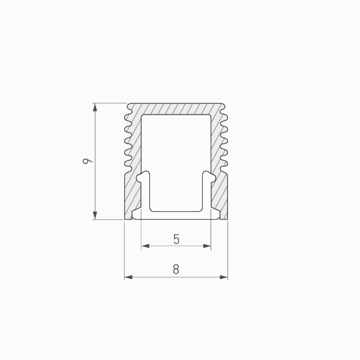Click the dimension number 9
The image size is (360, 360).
(x=87, y=161)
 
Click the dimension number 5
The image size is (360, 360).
(x=176, y=239)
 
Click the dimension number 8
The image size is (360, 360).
(x=176, y=269)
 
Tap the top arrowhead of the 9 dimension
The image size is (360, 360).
(x=95, y=107)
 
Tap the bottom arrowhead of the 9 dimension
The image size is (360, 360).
(x=95, y=215)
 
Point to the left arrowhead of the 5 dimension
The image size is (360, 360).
(x=146, y=246)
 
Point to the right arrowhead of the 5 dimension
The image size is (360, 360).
(x=206, y=246)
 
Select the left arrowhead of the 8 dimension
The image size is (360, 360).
(x=129, y=277)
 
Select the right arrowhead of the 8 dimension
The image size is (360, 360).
(x=223, y=277)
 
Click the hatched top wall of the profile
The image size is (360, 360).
(x=176, y=109)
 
